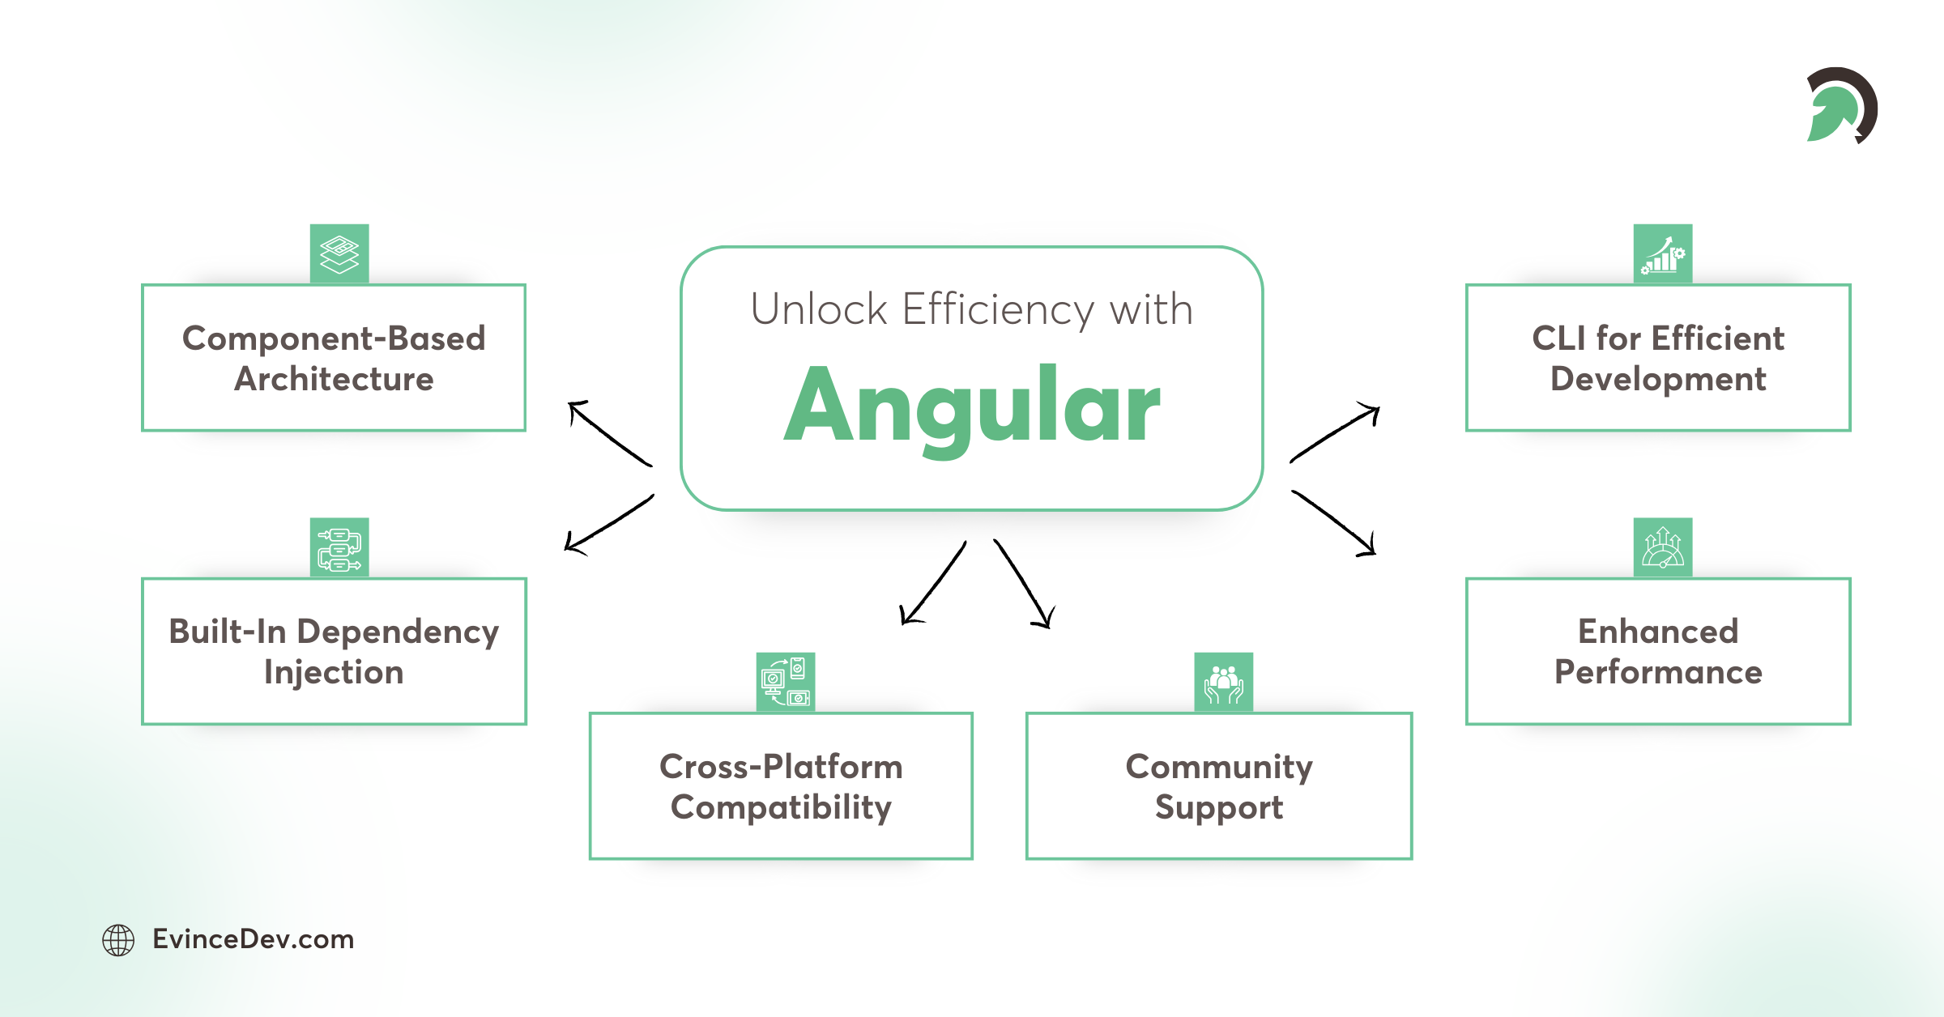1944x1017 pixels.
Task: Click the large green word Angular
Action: (972, 405)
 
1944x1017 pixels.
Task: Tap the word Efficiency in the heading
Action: (998, 309)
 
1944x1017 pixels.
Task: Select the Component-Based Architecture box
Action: (334, 358)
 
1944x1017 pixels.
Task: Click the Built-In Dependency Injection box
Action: (334, 651)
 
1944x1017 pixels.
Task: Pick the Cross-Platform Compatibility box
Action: (781, 785)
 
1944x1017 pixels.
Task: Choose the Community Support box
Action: (1219, 785)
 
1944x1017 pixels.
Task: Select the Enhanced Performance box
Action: (1658, 651)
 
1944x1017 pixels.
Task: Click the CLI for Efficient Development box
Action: (1658, 358)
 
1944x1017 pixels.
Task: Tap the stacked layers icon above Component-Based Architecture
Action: (339, 253)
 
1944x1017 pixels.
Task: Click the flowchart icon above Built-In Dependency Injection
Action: (339, 547)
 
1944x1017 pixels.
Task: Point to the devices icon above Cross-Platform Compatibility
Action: (786, 682)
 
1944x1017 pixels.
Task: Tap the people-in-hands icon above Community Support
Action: (1224, 682)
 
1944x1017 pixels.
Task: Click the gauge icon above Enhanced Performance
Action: (1663, 547)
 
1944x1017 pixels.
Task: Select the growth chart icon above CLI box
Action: (1663, 253)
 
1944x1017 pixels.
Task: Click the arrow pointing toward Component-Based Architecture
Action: (609, 433)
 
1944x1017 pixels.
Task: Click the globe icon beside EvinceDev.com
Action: (118, 940)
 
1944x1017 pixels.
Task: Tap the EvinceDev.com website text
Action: (253, 939)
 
